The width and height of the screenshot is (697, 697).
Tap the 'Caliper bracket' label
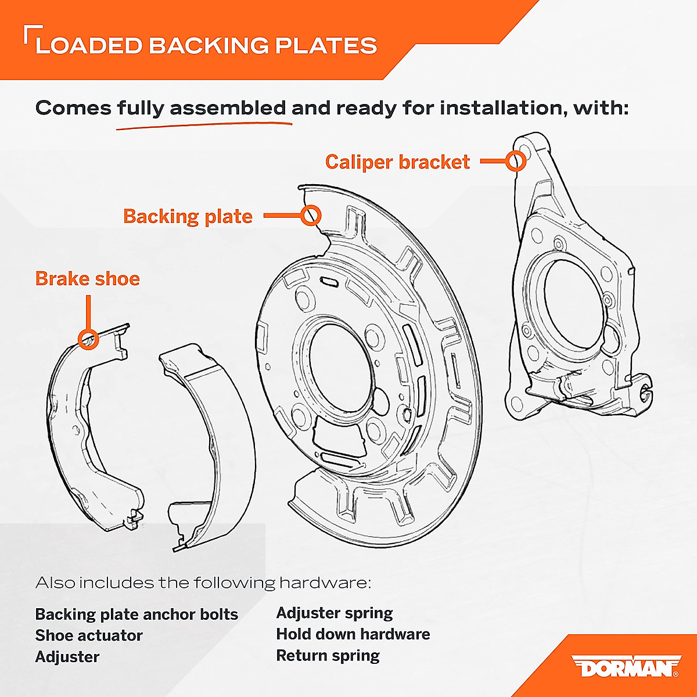(397, 162)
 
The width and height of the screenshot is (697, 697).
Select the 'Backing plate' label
(188, 217)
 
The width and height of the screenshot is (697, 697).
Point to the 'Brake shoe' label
(88, 279)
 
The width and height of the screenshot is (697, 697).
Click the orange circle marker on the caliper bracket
(515, 160)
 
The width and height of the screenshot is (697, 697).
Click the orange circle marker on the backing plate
(311, 215)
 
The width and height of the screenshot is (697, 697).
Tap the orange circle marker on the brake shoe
(88, 339)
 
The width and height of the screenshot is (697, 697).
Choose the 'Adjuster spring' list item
(334, 613)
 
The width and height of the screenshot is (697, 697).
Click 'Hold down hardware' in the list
(353, 634)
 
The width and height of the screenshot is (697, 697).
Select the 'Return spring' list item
(328, 656)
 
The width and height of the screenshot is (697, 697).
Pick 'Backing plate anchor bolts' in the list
(136, 615)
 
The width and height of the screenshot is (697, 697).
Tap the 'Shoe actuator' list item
(89, 635)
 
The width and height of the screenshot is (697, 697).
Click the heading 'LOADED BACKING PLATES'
(206, 46)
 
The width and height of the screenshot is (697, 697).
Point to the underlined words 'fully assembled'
(202, 108)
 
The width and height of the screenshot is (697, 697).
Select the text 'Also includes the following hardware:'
(203, 583)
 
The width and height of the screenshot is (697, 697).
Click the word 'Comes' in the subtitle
(73, 108)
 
